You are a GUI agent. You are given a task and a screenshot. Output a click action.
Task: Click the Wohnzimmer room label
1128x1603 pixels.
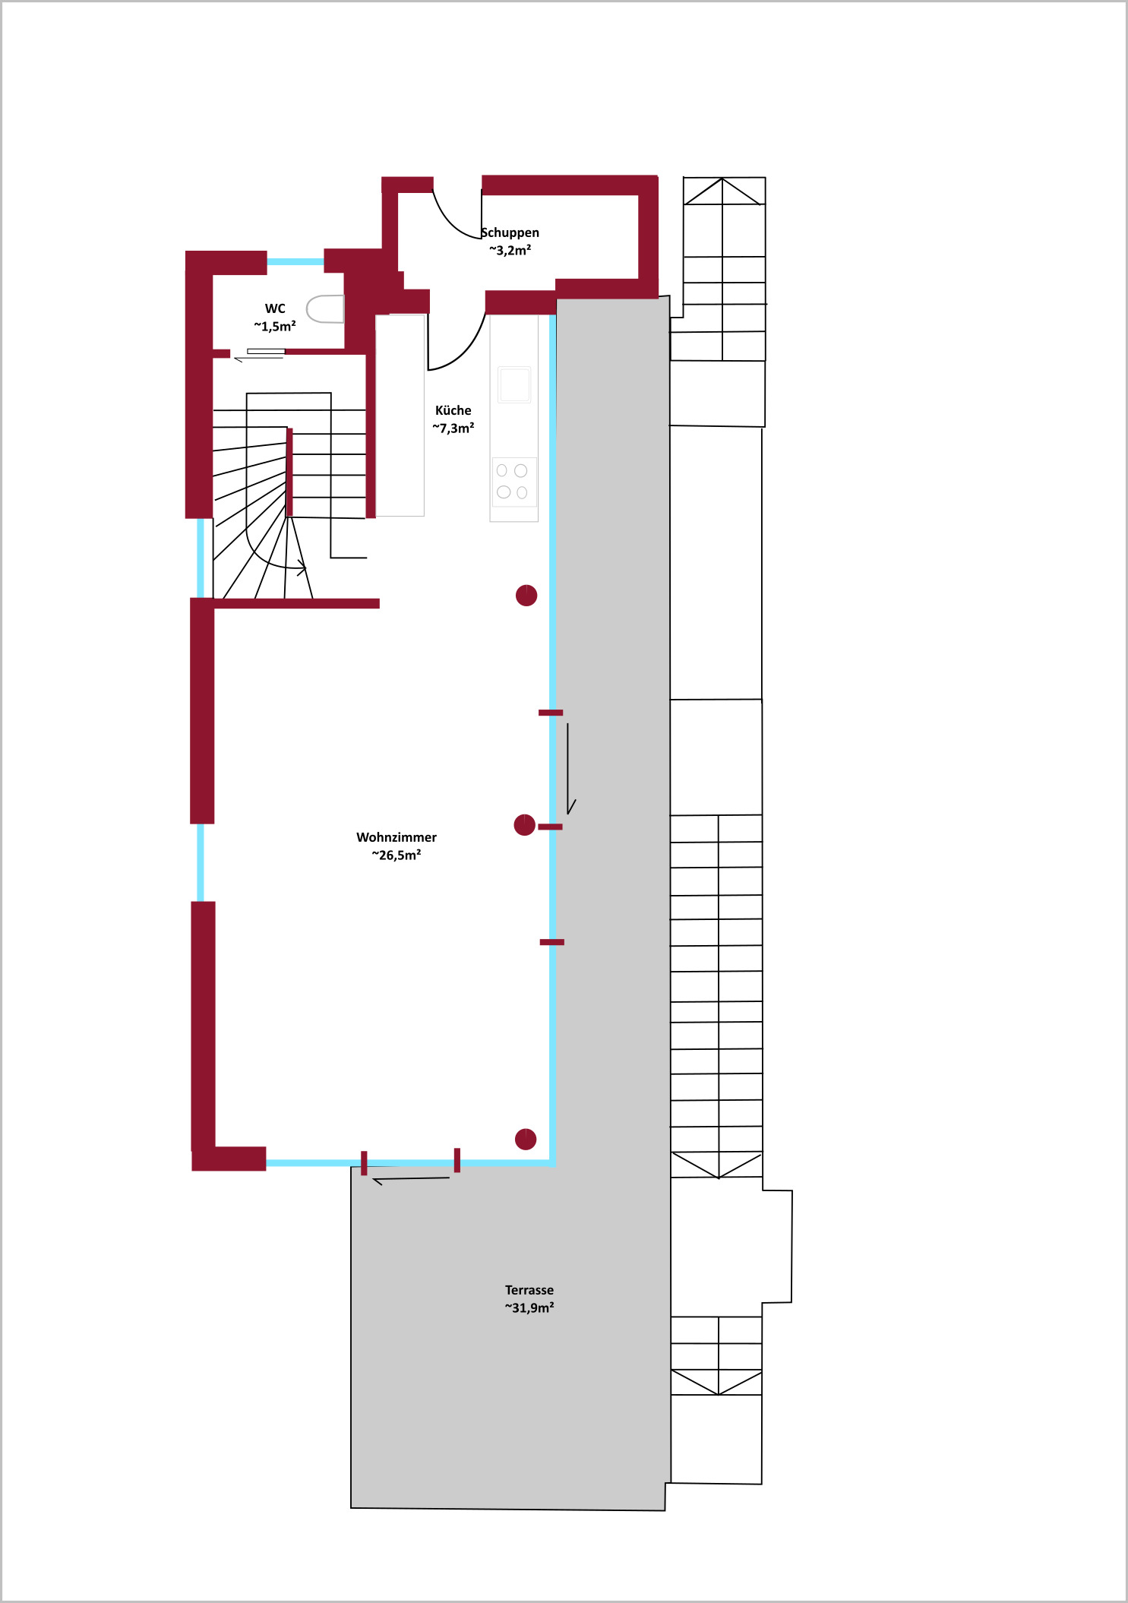(397, 837)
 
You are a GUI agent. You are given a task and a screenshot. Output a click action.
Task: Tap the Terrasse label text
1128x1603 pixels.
(529, 1290)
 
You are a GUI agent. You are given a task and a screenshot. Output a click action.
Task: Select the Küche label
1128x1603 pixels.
(453, 410)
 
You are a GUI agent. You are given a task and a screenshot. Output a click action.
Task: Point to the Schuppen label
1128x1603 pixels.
(510, 232)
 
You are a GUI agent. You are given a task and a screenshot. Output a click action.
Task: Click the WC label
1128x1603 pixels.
(275, 308)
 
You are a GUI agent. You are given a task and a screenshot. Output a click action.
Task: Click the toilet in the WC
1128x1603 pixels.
(325, 309)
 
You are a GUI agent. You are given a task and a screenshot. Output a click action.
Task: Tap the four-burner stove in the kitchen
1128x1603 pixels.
(514, 482)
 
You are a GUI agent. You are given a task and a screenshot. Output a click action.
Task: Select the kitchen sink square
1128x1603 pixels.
(514, 384)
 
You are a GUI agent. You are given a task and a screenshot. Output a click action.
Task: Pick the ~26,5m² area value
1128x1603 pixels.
(397, 855)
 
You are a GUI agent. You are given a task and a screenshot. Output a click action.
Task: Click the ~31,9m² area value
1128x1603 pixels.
(529, 1307)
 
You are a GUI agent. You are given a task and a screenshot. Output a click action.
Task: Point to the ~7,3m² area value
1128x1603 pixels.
(453, 428)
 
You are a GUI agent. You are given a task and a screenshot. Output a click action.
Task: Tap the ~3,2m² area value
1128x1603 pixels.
(510, 250)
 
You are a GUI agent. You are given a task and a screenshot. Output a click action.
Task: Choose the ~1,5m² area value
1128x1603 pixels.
(275, 326)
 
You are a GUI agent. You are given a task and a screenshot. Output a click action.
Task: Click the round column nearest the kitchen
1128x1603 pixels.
(526, 596)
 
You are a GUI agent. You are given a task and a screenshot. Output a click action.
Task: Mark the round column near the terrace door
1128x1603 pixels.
(526, 1139)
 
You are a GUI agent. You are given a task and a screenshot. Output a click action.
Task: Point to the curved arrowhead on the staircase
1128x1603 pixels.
(302, 568)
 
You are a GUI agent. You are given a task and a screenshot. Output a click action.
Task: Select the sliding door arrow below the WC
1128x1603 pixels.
(258, 358)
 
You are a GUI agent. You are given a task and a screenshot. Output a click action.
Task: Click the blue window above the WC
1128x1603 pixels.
(295, 262)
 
